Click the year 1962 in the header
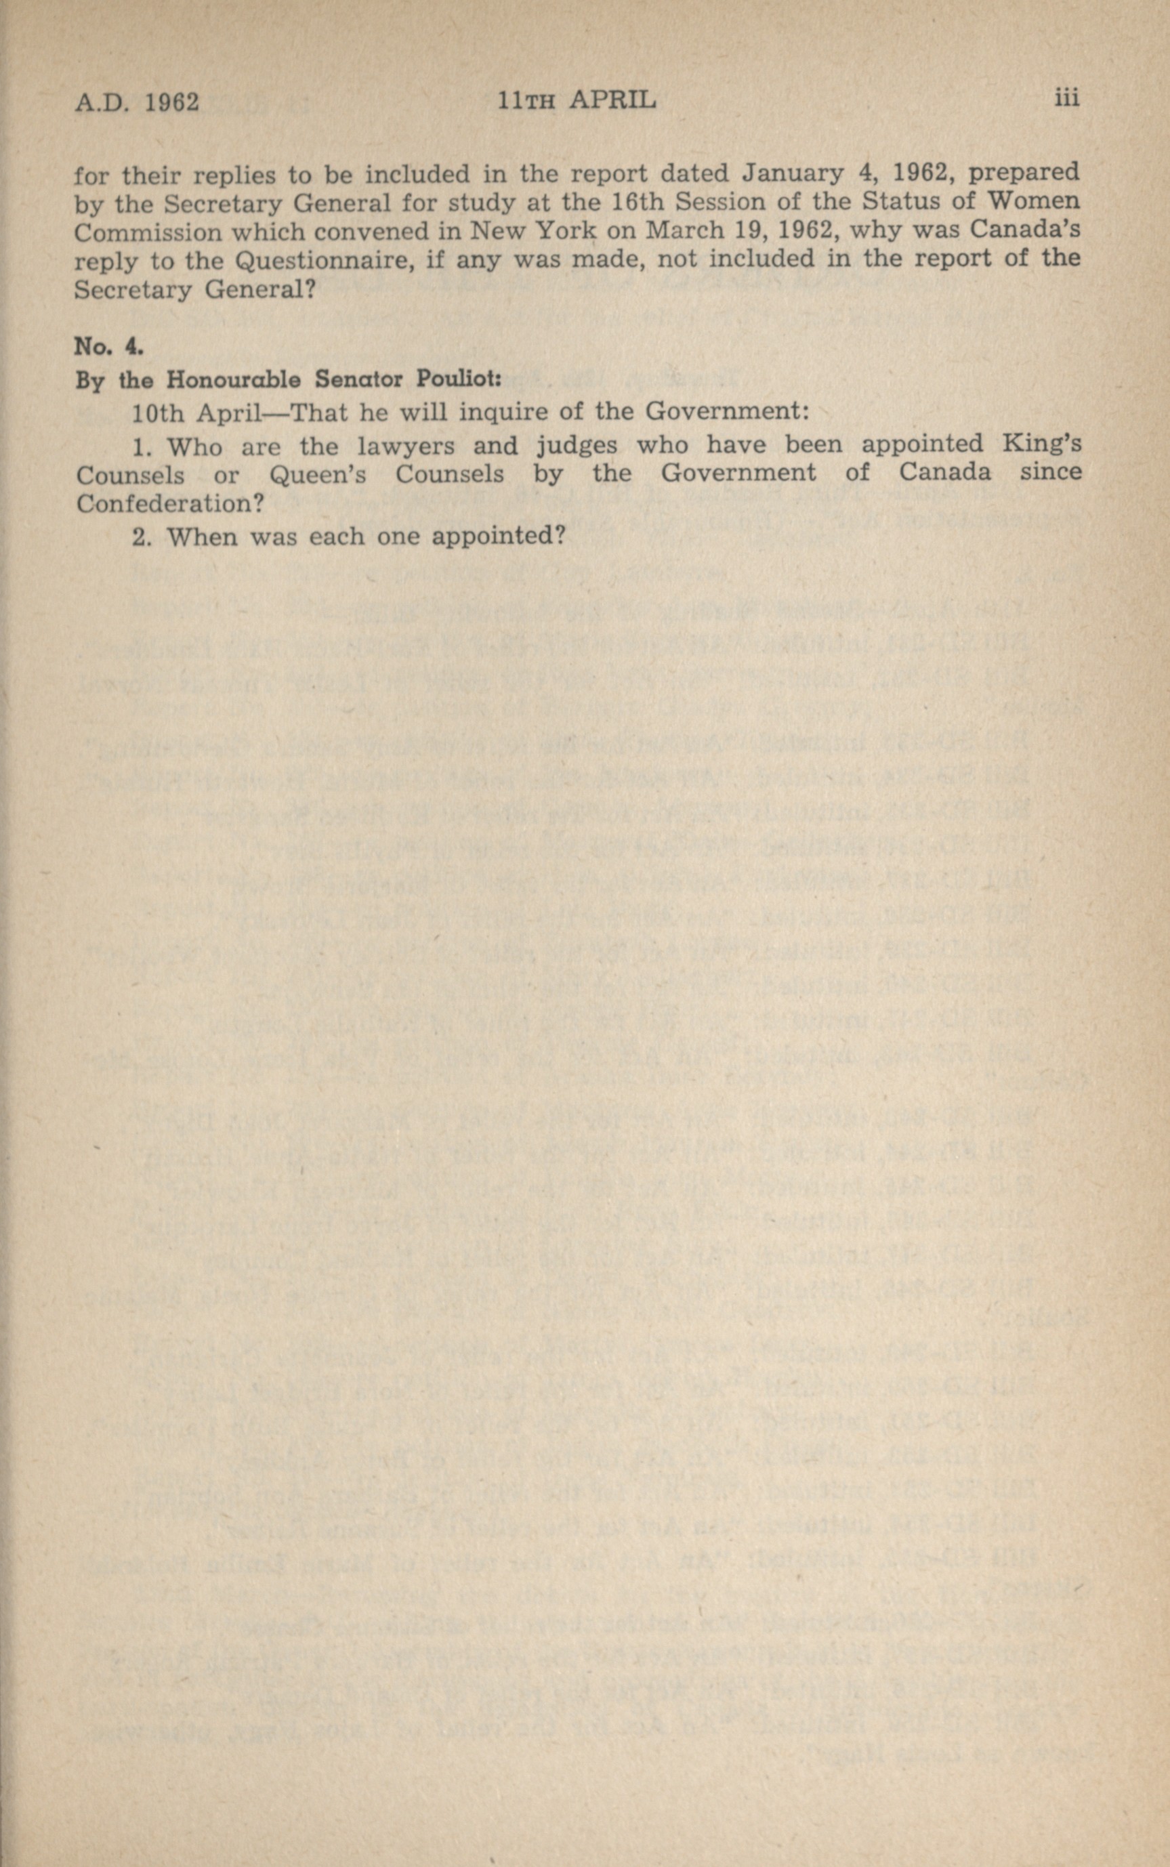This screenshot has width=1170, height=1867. [172, 102]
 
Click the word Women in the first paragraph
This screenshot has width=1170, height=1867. [1037, 201]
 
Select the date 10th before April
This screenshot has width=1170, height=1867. [158, 413]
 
